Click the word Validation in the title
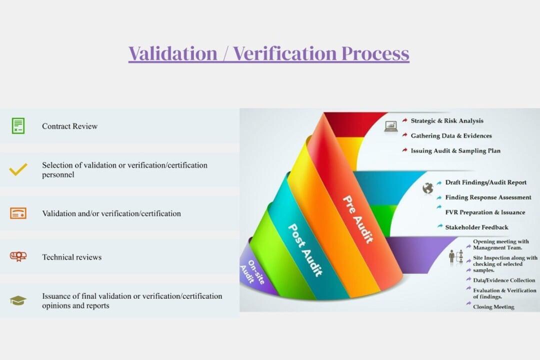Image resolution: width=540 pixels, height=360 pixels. (173, 53)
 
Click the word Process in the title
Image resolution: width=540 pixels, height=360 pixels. (375, 53)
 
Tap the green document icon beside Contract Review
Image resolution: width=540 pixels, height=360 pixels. (18, 125)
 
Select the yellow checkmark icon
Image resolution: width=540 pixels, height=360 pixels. (18, 169)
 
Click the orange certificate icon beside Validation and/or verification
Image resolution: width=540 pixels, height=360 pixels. (18, 213)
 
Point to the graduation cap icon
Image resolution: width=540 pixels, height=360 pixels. (18, 300)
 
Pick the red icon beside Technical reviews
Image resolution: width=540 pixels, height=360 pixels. (18, 256)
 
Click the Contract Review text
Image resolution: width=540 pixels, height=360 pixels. (70, 126)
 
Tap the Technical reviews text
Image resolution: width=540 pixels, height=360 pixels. (72, 257)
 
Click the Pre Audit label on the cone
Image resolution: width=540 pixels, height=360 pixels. (358, 219)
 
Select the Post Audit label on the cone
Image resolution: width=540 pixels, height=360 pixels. (305, 250)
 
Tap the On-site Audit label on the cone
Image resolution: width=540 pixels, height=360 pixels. (253, 272)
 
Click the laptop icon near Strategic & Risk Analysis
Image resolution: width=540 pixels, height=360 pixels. (391, 126)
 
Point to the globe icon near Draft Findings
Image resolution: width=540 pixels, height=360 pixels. (427, 188)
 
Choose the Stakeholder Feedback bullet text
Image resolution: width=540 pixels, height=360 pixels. (476, 227)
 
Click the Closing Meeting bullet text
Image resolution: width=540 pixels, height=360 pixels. (493, 307)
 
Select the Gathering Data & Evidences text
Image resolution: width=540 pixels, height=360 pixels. (451, 135)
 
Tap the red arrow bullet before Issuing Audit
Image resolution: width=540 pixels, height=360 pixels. (404, 150)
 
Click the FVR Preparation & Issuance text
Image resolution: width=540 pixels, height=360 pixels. (485, 212)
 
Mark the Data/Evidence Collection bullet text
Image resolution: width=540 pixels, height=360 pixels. (504, 280)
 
